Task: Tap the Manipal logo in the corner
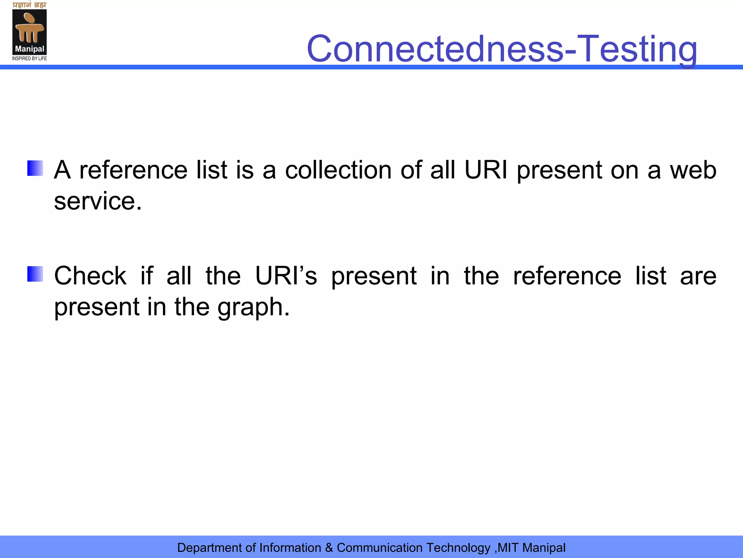(x=29, y=32)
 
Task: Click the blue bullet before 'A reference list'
(x=35, y=168)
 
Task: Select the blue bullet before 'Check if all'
(x=35, y=274)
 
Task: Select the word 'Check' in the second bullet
(x=90, y=275)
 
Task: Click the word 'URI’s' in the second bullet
(x=286, y=275)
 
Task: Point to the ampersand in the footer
(x=329, y=548)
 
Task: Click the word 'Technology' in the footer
(x=458, y=548)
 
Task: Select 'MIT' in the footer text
(x=508, y=548)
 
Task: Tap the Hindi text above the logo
(x=29, y=5)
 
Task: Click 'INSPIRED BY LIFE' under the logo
(x=29, y=58)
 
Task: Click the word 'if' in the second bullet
(x=147, y=275)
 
